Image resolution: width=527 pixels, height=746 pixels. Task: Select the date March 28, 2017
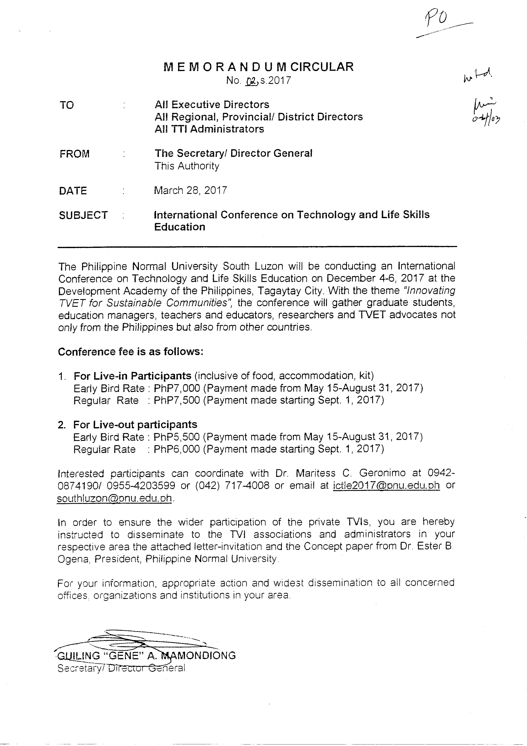[x=190, y=190]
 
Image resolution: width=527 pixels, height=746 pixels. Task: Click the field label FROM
[x=74, y=154]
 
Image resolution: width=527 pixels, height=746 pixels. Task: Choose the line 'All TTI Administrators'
[x=209, y=129]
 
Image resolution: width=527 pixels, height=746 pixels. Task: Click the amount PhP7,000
[x=177, y=388]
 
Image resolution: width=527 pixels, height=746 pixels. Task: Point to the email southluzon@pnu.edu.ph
[x=114, y=498]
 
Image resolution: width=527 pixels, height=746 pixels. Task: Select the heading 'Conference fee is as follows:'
[x=131, y=352]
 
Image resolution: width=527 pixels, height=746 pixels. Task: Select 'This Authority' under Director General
[x=187, y=166]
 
